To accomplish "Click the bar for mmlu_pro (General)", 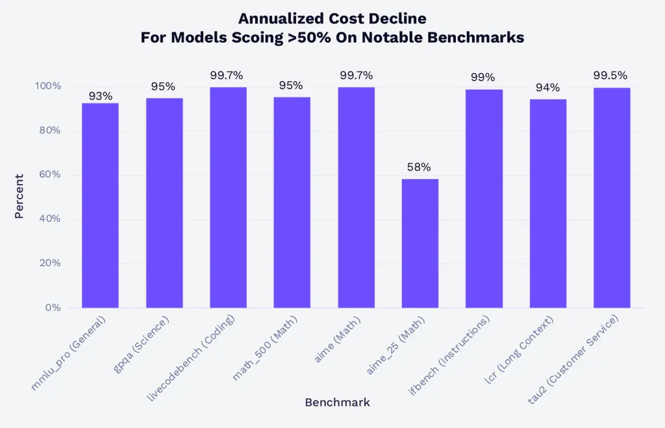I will pos(100,205).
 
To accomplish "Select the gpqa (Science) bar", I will pos(164,202).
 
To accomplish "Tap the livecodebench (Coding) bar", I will pos(228,197).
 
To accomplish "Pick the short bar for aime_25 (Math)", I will pos(420,243).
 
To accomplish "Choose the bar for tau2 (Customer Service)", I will pos(611,197).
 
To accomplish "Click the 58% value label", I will pos(419,167).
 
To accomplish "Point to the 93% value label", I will pos(100,96).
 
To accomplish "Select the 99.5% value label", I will pos(610,75).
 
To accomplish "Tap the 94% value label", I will pos(547,88).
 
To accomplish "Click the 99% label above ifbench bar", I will pos(483,78).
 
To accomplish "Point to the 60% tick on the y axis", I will pos(49,174).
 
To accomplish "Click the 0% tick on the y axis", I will pos(53,307).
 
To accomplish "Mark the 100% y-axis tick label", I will pos(47,86).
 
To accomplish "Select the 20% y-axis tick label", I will pos(49,263).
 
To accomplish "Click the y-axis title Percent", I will pos(19,196).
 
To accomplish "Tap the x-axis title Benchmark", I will pos(337,403).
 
